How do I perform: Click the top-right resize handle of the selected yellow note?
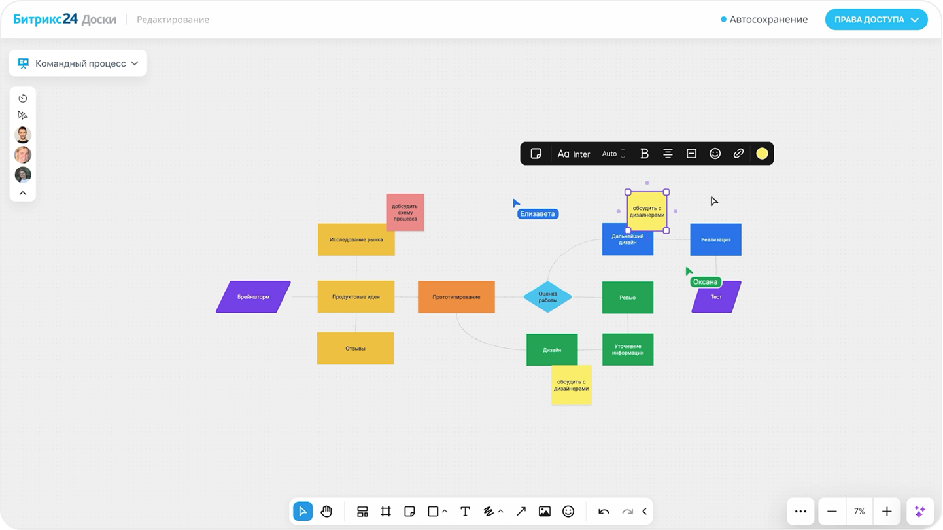pyautogui.click(x=666, y=192)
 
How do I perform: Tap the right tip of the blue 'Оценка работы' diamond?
pyautogui.click(x=572, y=297)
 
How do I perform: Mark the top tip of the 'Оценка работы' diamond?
pyautogui.click(x=548, y=281)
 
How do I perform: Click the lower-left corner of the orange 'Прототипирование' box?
pyautogui.click(x=418, y=313)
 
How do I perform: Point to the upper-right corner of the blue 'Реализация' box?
pyautogui.click(x=742, y=224)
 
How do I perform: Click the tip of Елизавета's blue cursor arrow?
pyautogui.click(x=513, y=199)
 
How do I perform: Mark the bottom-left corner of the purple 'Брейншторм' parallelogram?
pyautogui.click(x=216, y=313)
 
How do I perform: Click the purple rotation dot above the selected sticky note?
pyautogui.click(x=647, y=183)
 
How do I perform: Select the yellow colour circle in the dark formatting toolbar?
pyautogui.click(x=762, y=154)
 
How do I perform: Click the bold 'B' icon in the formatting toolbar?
pyautogui.click(x=644, y=154)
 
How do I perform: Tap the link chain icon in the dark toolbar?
pyautogui.click(x=738, y=154)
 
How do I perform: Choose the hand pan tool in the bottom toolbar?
pyautogui.click(x=326, y=512)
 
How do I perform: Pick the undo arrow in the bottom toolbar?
pyautogui.click(x=604, y=512)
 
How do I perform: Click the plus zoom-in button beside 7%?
pyautogui.click(x=887, y=512)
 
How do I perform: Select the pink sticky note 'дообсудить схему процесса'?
pyautogui.click(x=405, y=213)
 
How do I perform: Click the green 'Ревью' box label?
pyautogui.click(x=627, y=298)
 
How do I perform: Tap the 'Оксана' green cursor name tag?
pyautogui.click(x=705, y=282)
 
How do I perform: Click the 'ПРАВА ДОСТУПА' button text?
pyautogui.click(x=869, y=20)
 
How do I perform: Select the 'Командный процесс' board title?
pyautogui.click(x=80, y=63)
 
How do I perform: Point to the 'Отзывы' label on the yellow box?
pyautogui.click(x=355, y=348)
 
